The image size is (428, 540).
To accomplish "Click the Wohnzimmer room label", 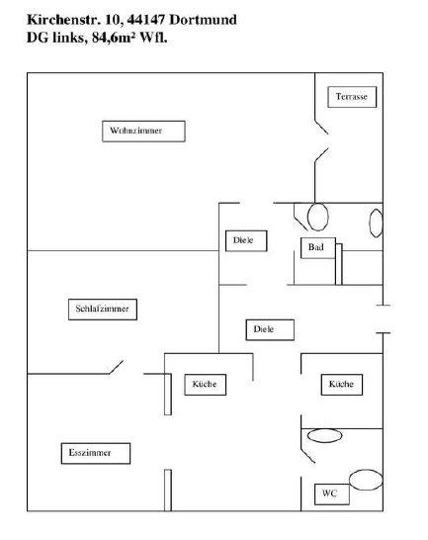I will [143, 131].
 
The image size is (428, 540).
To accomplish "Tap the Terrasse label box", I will [354, 97].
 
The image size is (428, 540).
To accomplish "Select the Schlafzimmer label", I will [103, 310].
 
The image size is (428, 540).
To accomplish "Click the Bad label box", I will [316, 247].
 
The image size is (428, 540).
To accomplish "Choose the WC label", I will [329, 495].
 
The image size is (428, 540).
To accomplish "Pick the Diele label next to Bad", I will [245, 240].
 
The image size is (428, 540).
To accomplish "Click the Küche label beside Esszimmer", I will [207, 384].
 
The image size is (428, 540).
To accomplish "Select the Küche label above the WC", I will [340, 384].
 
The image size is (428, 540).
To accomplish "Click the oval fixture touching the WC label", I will [365, 480].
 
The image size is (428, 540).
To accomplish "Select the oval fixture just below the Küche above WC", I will [324, 435].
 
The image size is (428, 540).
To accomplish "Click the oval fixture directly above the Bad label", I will [317, 215].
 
